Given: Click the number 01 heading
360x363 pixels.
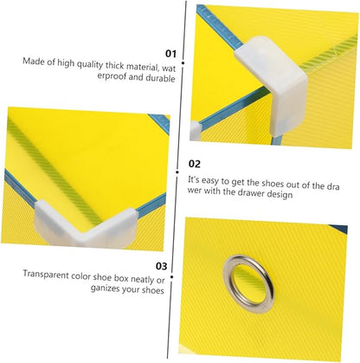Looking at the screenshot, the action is click(170, 54).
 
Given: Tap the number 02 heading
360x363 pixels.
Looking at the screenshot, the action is click(194, 164).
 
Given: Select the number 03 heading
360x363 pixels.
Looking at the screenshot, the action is click(161, 266).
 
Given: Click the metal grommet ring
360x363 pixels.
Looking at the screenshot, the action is click(248, 284).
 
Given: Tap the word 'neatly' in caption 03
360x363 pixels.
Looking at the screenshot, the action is click(142, 279).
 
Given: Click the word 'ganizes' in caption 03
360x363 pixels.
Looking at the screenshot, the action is click(105, 288).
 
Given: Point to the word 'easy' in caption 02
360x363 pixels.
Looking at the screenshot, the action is click(210, 181).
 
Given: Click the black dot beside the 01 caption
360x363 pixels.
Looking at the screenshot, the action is click(183, 62).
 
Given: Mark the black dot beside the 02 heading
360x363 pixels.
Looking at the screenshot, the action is click(177, 172).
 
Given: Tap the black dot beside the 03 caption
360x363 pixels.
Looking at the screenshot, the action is click(171, 277).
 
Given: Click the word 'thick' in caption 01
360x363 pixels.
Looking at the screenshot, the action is click(115, 66).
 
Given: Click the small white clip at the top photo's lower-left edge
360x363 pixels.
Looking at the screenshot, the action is click(196, 130).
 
